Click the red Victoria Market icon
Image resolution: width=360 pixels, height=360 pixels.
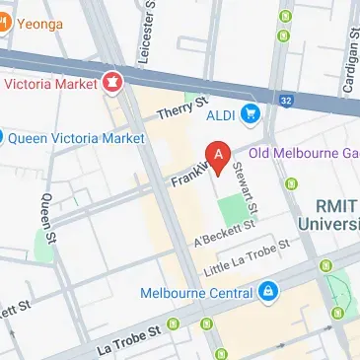click(111, 84)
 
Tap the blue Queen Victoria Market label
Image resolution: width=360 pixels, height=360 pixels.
click(75, 138)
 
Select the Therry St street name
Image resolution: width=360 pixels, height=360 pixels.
click(184, 107)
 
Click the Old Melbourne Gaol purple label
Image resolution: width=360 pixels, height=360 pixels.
click(303, 154)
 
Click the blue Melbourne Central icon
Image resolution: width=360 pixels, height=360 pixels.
click(267, 292)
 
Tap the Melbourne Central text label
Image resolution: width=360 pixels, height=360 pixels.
click(195, 292)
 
